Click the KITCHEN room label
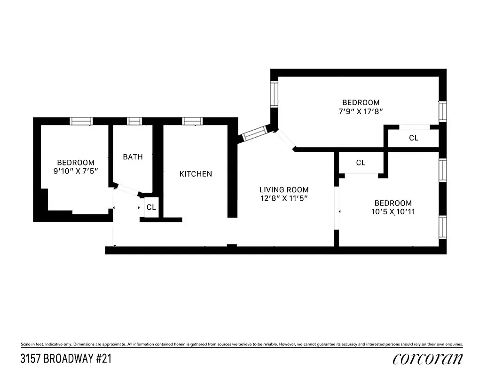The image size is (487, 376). (196, 174)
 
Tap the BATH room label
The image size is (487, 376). (133, 157)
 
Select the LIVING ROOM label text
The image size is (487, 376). (284, 190)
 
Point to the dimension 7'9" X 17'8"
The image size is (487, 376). (361, 111)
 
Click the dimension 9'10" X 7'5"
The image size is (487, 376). (76, 172)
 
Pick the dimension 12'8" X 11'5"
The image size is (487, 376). (284, 199)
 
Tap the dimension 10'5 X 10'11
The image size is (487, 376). (393, 211)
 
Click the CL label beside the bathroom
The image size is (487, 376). (151, 207)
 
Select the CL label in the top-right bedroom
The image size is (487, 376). (414, 138)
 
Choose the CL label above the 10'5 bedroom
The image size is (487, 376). (361, 163)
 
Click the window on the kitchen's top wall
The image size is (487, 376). (192, 121)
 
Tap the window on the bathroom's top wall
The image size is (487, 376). (134, 121)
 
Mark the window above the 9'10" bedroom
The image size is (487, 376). (81, 121)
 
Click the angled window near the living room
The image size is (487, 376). (255, 133)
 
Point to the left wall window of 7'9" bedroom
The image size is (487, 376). (274, 94)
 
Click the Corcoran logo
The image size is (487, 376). (428, 359)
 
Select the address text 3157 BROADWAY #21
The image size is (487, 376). (66, 359)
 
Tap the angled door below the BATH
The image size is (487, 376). (127, 190)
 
